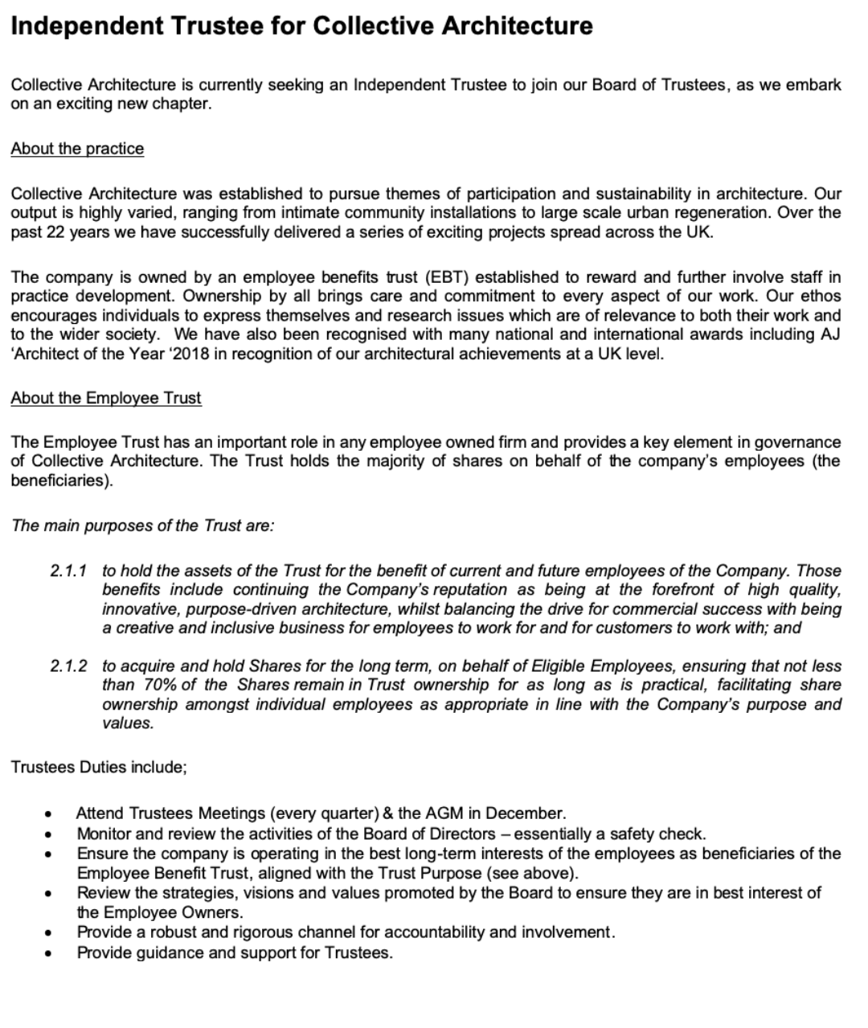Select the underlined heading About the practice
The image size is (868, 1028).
[x=77, y=149]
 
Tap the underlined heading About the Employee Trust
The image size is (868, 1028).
[x=106, y=398]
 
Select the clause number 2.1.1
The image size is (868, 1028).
[x=68, y=571]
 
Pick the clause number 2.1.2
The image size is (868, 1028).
[x=68, y=666]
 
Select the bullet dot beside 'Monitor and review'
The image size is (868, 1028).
[x=50, y=834]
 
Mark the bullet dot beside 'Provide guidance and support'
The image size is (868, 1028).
[x=50, y=954]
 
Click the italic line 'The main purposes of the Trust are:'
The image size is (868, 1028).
[x=143, y=526]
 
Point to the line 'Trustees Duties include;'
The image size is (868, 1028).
[x=99, y=767]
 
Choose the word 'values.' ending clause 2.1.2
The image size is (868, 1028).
[x=128, y=723]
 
